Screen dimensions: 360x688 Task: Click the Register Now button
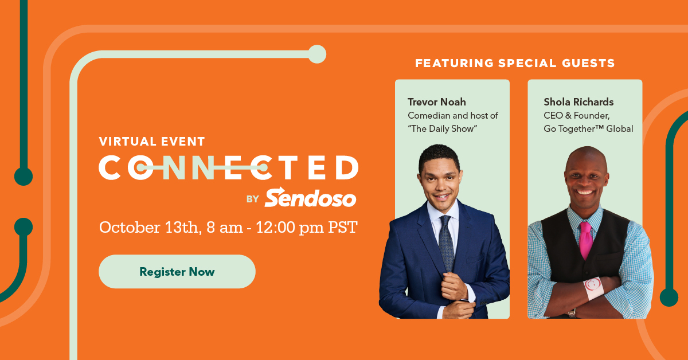click(x=177, y=272)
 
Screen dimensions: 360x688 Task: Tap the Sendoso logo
click(x=310, y=198)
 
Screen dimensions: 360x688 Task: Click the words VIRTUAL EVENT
click(x=151, y=141)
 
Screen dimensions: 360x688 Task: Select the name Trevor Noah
click(x=436, y=102)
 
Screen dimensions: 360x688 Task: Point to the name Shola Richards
click(x=578, y=102)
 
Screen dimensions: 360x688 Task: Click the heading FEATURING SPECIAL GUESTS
click(x=515, y=63)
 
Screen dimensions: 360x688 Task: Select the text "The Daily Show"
click(x=442, y=128)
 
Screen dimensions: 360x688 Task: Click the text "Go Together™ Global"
click(x=588, y=128)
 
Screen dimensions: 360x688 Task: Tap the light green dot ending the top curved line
click(x=316, y=54)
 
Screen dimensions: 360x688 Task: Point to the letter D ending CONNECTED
click(x=346, y=167)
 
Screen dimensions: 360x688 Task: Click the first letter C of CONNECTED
click(x=110, y=167)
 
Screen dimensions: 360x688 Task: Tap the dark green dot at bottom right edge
click(x=669, y=297)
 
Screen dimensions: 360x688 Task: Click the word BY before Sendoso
click(x=253, y=199)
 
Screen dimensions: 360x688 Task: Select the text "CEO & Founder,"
click(x=576, y=115)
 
